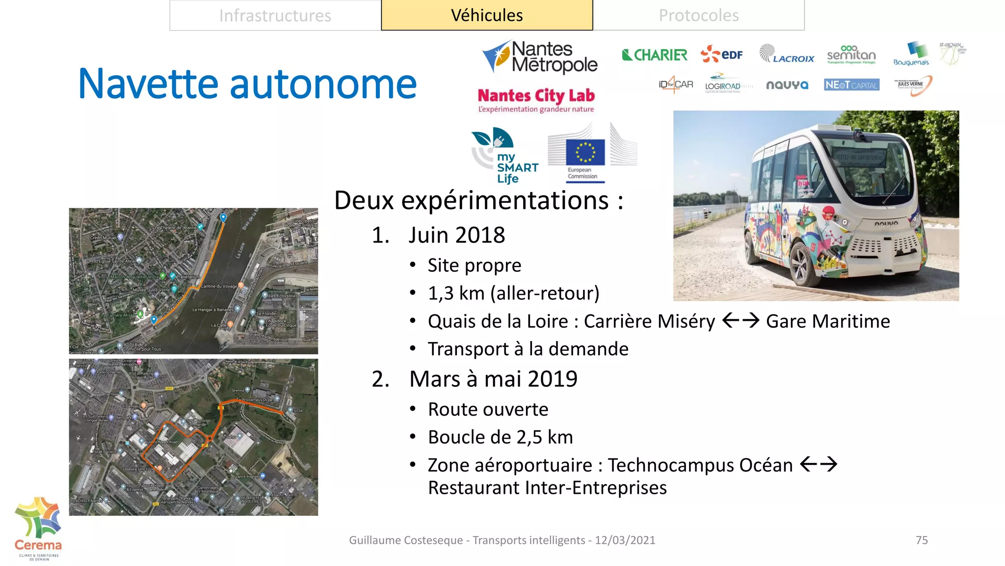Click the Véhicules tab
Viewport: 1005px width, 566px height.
487,16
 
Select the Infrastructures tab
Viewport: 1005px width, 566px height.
275,16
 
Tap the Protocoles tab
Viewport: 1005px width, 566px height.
698,16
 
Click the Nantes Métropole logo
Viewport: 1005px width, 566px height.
540,57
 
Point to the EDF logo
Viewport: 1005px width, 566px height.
722,54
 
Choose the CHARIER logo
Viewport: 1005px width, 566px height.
655,55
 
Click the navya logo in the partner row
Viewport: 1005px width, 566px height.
787,85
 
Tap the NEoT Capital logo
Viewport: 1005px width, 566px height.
851,85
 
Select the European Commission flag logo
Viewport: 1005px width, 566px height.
585,152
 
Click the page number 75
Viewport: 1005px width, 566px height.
922,540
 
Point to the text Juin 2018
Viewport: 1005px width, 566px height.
456,235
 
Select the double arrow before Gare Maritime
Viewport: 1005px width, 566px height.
741,321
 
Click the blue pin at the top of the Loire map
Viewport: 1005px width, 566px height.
223,217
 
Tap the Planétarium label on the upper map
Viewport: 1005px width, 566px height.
188,277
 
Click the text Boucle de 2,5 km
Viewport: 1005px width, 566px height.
500,437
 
